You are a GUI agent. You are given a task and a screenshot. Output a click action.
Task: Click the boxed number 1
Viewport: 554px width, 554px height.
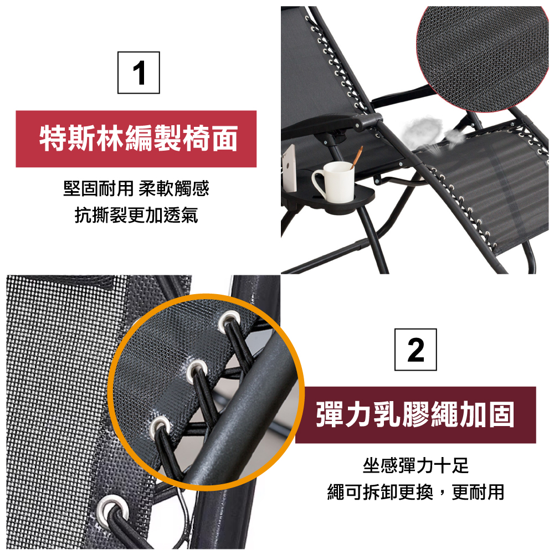click(138, 73)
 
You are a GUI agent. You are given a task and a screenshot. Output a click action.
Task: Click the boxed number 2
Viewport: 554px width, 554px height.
click(416, 350)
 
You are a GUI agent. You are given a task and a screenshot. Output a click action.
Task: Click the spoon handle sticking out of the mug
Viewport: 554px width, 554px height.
click(356, 157)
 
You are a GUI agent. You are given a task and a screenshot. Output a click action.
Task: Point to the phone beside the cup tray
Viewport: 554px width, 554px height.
click(289, 168)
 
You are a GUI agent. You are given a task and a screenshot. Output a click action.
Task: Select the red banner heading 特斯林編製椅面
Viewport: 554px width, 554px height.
click(136, 139)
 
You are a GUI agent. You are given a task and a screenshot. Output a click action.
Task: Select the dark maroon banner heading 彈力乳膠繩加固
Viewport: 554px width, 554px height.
click(416, 415)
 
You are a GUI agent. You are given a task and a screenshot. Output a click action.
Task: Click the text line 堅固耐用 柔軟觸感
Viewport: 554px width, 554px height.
click(136, 188)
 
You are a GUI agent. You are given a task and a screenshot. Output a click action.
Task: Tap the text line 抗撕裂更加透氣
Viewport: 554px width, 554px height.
click(136, 215)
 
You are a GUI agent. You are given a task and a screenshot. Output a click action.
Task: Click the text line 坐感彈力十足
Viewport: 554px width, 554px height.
click(416, 465)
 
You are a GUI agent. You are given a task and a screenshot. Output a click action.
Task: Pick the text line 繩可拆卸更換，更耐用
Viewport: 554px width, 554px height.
click(416, 492)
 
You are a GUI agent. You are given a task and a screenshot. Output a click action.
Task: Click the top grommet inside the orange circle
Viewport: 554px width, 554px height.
click(229, 321)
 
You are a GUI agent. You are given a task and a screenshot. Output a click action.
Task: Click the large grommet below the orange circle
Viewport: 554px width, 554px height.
click(113, 509)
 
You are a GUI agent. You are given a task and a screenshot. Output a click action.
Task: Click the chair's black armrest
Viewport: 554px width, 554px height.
click(332, 124)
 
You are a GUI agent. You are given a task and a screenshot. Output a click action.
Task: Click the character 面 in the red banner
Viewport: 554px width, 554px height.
click(223, 138)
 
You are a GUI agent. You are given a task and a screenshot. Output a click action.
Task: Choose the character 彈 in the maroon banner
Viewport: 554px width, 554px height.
click(330, 414)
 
